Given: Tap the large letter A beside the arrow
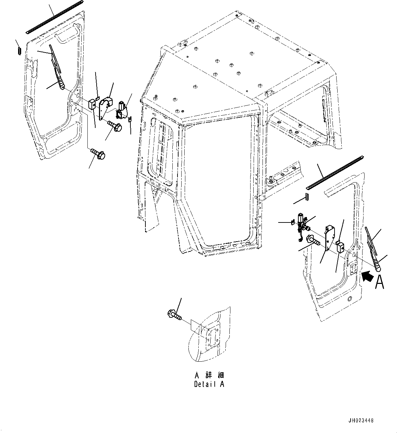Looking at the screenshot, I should [380, 282].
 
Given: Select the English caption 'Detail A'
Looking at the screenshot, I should [209, 384].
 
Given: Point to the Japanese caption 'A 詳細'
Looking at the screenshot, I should [209, 375].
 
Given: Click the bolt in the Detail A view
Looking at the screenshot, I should [175, 315].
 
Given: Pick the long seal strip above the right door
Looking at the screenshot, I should [335, 173].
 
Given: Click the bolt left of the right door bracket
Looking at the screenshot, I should [313, 241].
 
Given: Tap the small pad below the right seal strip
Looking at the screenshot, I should [307, 197].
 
